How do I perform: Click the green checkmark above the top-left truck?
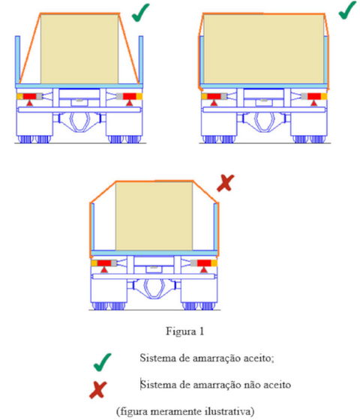[140, 12]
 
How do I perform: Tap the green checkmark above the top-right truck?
[348, 10]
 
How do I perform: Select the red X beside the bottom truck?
[226, 183]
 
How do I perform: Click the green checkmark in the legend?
[102, 362]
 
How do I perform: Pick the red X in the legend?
[98, 390]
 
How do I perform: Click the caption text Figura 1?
[184, 331]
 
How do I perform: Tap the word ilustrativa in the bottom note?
[229, 411]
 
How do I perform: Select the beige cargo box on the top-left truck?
[79, 49]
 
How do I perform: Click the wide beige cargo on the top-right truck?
[264, 49]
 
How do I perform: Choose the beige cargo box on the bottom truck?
[154, 216]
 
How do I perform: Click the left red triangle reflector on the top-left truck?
[29, 103]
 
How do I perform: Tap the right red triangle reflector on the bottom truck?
[204, 270]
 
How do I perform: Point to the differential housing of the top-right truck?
[264, 121]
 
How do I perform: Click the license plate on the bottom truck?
[154, 268]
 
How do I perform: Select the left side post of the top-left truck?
[17, 60]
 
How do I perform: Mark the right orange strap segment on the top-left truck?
[129, 49]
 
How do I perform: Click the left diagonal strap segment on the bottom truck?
[103, 192]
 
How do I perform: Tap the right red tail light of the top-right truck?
[314, 97]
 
